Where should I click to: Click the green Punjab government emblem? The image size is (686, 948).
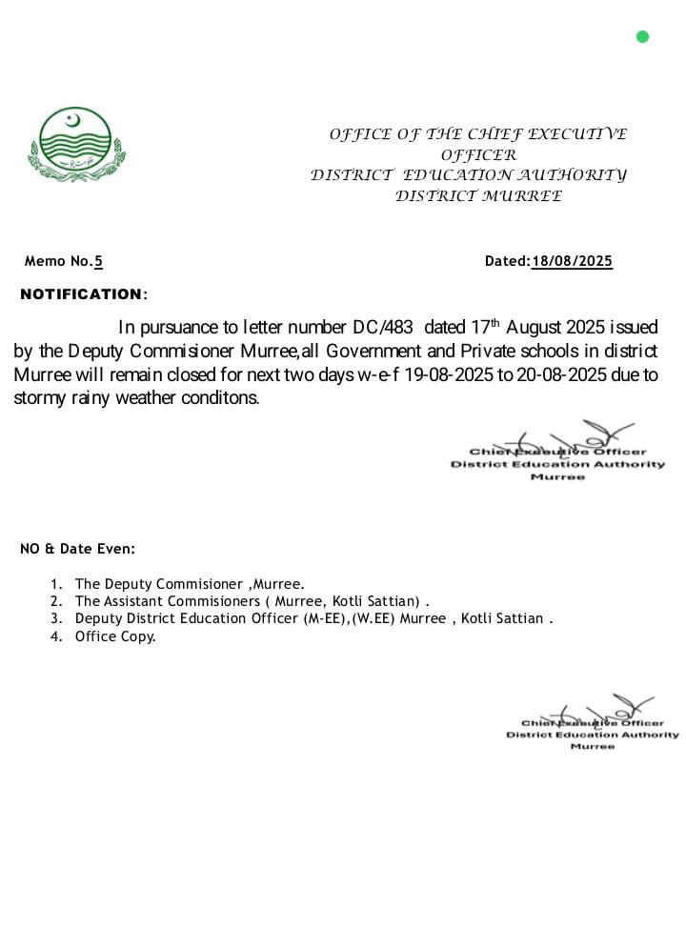click(x=76, y=144)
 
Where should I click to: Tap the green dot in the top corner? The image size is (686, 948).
click(x=642, y=37)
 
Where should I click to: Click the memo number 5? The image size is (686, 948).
click(x=98, y=261)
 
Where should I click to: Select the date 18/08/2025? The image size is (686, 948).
click(x=572, y=261)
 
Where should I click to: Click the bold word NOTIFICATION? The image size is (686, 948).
click(x=81, y=294)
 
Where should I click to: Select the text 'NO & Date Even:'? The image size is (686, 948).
click(x=77, y=549)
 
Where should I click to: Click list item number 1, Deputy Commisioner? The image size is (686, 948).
click(x=190, y=584)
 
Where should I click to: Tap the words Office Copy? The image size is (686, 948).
click(x=115, y=636)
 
